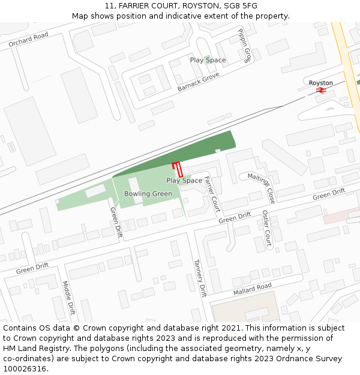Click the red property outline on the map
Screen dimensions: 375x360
click(x=177, y=169)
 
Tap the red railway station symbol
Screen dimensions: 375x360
click(x=321, y=91)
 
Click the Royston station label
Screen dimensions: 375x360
click(x=321, y=83)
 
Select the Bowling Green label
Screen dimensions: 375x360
click(x=148, y=194)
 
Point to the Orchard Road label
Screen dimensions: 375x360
click(x=28, y=40)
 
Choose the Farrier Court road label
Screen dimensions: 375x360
click(x=212, y=194)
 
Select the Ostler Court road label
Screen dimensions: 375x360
click(x=267, y=229)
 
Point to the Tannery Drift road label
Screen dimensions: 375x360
click(x=200, y=278)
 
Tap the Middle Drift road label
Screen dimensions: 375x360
click(x=68, y=298)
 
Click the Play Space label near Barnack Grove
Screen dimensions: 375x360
click(x=208, y=60)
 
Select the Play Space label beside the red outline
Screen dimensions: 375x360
click(x=184, y=181)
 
